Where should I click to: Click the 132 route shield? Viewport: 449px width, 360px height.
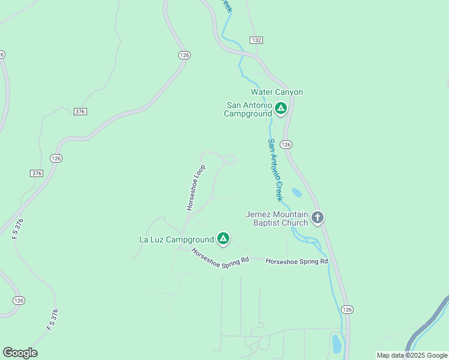click(257, 40)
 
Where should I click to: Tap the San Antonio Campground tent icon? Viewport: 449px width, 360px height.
click(280, 109)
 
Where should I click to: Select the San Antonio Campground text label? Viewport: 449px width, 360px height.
click(249, 109)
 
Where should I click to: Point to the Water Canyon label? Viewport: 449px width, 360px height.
click(277, 92)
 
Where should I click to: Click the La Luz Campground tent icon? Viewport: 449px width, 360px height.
click(223, 239)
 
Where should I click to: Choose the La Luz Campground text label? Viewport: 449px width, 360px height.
click(176, 239)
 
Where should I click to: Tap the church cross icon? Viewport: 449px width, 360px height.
click(318, 218)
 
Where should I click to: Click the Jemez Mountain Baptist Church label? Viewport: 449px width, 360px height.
click(277, 218)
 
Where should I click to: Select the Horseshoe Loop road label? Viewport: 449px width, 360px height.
click(196, 187)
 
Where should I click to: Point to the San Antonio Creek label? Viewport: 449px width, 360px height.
click(275, 170)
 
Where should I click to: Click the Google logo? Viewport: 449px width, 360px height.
click(20, 353)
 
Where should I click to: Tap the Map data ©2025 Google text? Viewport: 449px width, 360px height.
click(411, 355)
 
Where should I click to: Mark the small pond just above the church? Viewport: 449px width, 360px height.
click(297, 193)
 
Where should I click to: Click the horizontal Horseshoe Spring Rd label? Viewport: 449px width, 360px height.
click(297, 262)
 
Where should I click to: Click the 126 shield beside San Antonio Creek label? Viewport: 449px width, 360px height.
click(286, 145)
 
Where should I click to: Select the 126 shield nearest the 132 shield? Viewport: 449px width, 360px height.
click(184, 55)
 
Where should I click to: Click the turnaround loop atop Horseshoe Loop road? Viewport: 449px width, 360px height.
click(229, 159)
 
